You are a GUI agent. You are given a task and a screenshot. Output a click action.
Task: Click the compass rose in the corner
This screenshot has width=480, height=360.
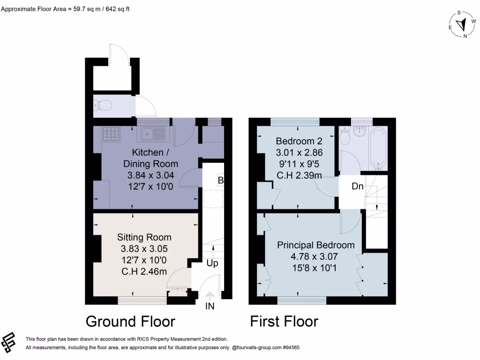463,24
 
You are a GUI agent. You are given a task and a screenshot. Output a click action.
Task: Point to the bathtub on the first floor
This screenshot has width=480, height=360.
379,147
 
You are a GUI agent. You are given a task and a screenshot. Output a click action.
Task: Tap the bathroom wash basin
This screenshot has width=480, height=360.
360,132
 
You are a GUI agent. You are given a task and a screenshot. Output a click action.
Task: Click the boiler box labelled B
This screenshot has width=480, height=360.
220,180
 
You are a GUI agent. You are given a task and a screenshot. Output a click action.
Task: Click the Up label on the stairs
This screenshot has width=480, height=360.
212,263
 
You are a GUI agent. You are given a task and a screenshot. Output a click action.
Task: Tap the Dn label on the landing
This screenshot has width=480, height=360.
358,186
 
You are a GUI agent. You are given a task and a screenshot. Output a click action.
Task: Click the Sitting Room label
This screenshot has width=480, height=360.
144,237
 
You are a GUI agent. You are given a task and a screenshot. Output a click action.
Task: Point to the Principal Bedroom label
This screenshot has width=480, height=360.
315,245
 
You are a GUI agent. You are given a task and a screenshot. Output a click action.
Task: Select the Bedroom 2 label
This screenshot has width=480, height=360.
299,141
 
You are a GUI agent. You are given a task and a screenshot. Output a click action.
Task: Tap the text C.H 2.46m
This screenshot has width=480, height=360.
144,271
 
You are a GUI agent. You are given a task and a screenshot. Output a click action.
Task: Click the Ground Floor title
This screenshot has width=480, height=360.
130,321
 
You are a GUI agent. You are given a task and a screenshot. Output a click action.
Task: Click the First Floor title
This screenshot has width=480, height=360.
284,321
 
